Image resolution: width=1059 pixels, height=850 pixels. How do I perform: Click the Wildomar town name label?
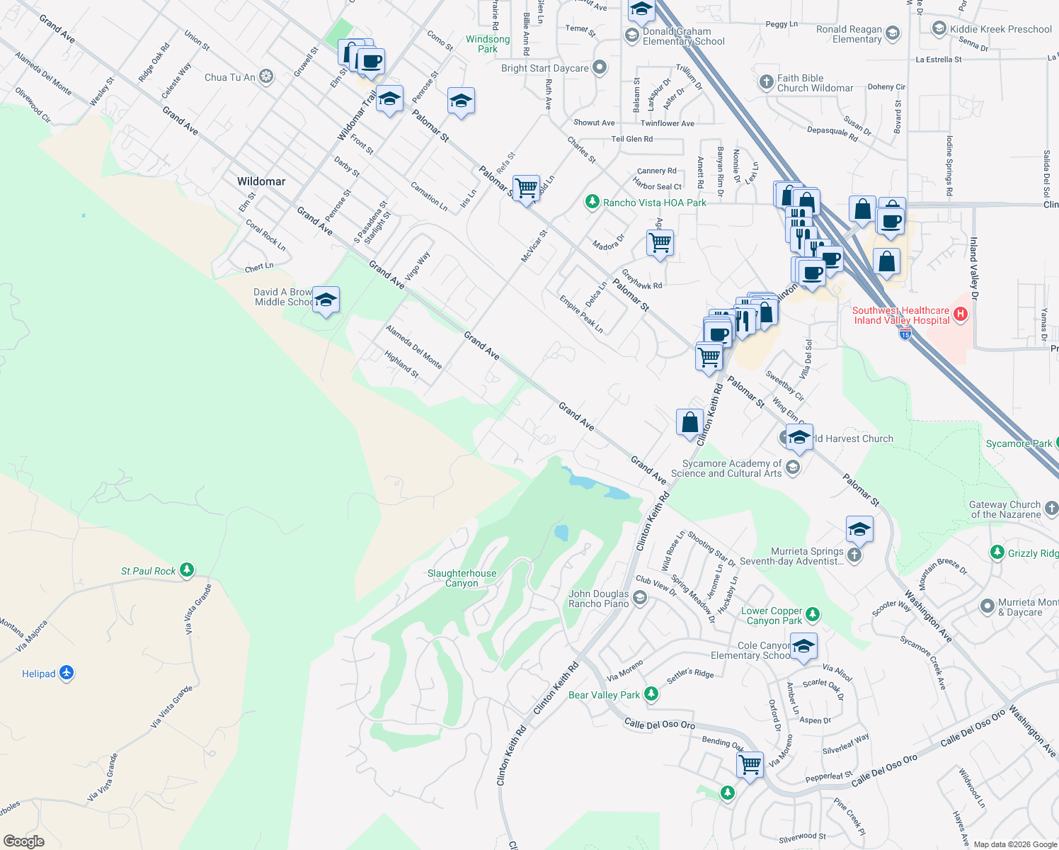point(261,181)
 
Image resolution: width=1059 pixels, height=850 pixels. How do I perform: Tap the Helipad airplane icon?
point(67,673)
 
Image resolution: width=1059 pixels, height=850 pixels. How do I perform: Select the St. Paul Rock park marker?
point(187,569)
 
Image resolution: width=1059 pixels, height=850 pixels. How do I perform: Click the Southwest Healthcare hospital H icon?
point(961,314)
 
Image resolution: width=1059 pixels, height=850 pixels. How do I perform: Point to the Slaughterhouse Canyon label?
point(462,578)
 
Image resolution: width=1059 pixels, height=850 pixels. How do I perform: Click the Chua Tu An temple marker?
point(266,76)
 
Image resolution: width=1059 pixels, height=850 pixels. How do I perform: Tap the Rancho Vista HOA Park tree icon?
point(593,202)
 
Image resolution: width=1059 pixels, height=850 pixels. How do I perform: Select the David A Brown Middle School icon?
point(326,300)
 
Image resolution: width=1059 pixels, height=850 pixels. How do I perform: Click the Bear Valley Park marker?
point(651,694)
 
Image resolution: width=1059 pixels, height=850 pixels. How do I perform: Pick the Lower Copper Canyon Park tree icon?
point(813,614)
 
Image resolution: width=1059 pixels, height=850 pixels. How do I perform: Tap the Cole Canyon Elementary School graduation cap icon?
point(803,647)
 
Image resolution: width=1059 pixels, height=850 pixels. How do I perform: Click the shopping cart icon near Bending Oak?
point(750,765)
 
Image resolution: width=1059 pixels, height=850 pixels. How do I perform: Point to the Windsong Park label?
point(488,44)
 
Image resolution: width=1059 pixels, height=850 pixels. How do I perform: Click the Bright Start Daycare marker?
point(600,67)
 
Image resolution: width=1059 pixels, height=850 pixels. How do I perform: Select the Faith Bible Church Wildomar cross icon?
point(766,82)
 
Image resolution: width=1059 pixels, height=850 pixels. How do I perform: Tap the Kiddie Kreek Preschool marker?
point(939,28)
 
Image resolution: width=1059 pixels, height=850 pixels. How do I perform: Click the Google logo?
point(23,841)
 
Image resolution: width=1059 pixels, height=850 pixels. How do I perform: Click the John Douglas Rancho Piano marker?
point(639,599)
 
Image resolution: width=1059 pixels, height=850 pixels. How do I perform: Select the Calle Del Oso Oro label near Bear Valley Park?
point(660,724)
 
